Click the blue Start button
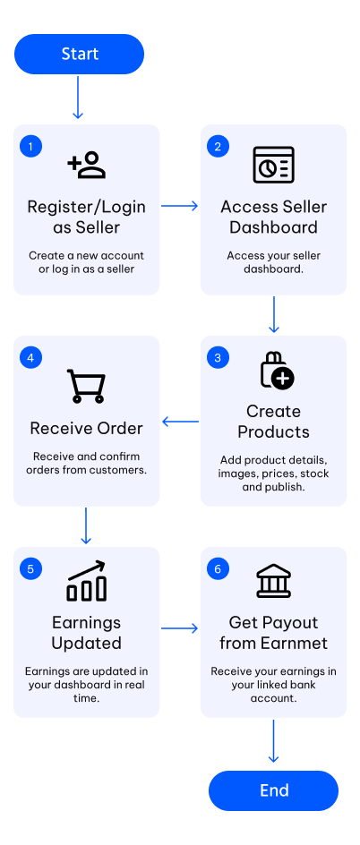click(79, 54)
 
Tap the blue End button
click(274, 790)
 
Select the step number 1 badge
click(30, 147)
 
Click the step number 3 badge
click(218, 358)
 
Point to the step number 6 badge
click(218, 569)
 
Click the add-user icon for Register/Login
click(86, 165)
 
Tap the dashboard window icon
click(274, 165)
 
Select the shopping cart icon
click(86, 386)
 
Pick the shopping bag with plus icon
click(277, 370)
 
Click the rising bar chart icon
click(86, 581)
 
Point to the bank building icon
click(274, 582)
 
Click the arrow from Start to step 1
click(78, 97)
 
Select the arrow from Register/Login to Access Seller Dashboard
click(179, 205)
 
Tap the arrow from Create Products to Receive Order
click(181, 422)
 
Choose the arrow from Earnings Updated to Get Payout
click(179, 627)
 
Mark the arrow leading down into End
click(274, 741)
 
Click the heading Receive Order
click(86, 429)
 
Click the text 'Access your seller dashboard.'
click(274, 261)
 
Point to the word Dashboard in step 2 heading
click(274, 227)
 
